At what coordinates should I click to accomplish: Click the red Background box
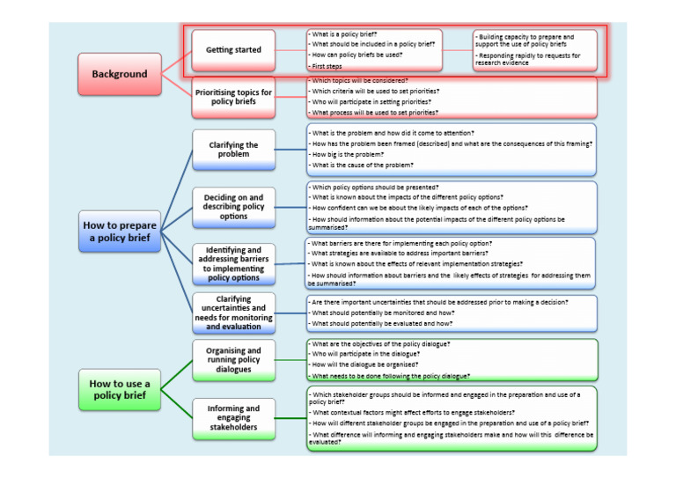point(120,74)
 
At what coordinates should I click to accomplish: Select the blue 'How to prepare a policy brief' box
point(120,232)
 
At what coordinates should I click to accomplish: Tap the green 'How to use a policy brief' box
point(120,389)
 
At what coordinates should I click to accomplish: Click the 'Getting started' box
point(233,50)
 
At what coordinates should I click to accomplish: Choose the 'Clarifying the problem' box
point(233,150)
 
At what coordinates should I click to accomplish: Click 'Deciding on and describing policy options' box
point(233,205)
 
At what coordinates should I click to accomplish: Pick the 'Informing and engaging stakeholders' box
point(233,418)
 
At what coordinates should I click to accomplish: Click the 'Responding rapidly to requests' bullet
point(528,59)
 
